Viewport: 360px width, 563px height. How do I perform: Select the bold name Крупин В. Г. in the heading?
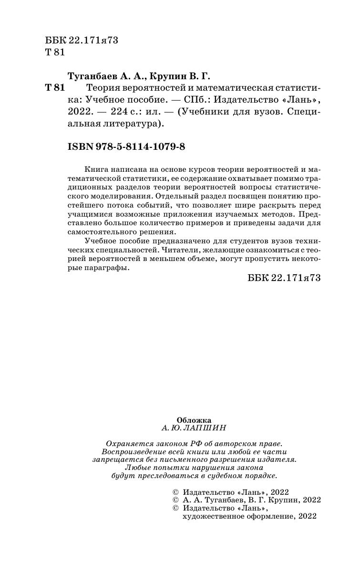point(180,76)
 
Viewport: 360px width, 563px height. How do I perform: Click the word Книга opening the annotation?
point(95,169)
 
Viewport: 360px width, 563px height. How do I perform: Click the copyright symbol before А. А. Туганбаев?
point(174,500)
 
